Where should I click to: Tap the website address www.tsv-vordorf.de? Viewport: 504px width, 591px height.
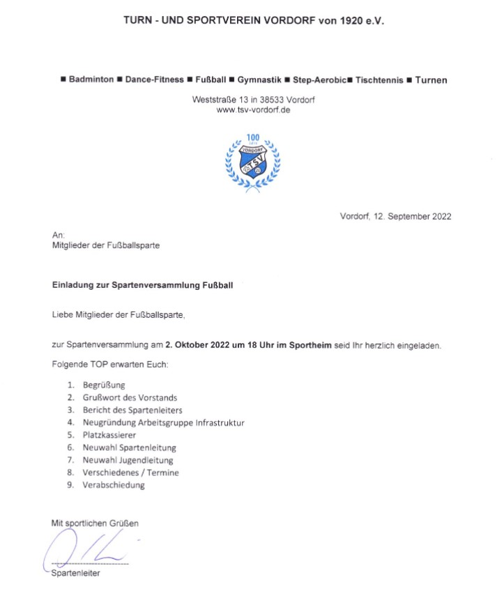point(253,110)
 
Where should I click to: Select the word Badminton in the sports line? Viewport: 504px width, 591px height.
point(91,80)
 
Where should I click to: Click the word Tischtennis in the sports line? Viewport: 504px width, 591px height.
point(379,80)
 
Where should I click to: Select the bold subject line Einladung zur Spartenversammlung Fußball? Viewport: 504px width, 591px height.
point(143,285)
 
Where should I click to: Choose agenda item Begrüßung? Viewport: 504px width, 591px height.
point(104,385)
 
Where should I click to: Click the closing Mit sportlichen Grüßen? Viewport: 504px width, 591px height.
point(100,522)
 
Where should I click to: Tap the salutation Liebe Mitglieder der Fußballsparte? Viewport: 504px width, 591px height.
point(119,315)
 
